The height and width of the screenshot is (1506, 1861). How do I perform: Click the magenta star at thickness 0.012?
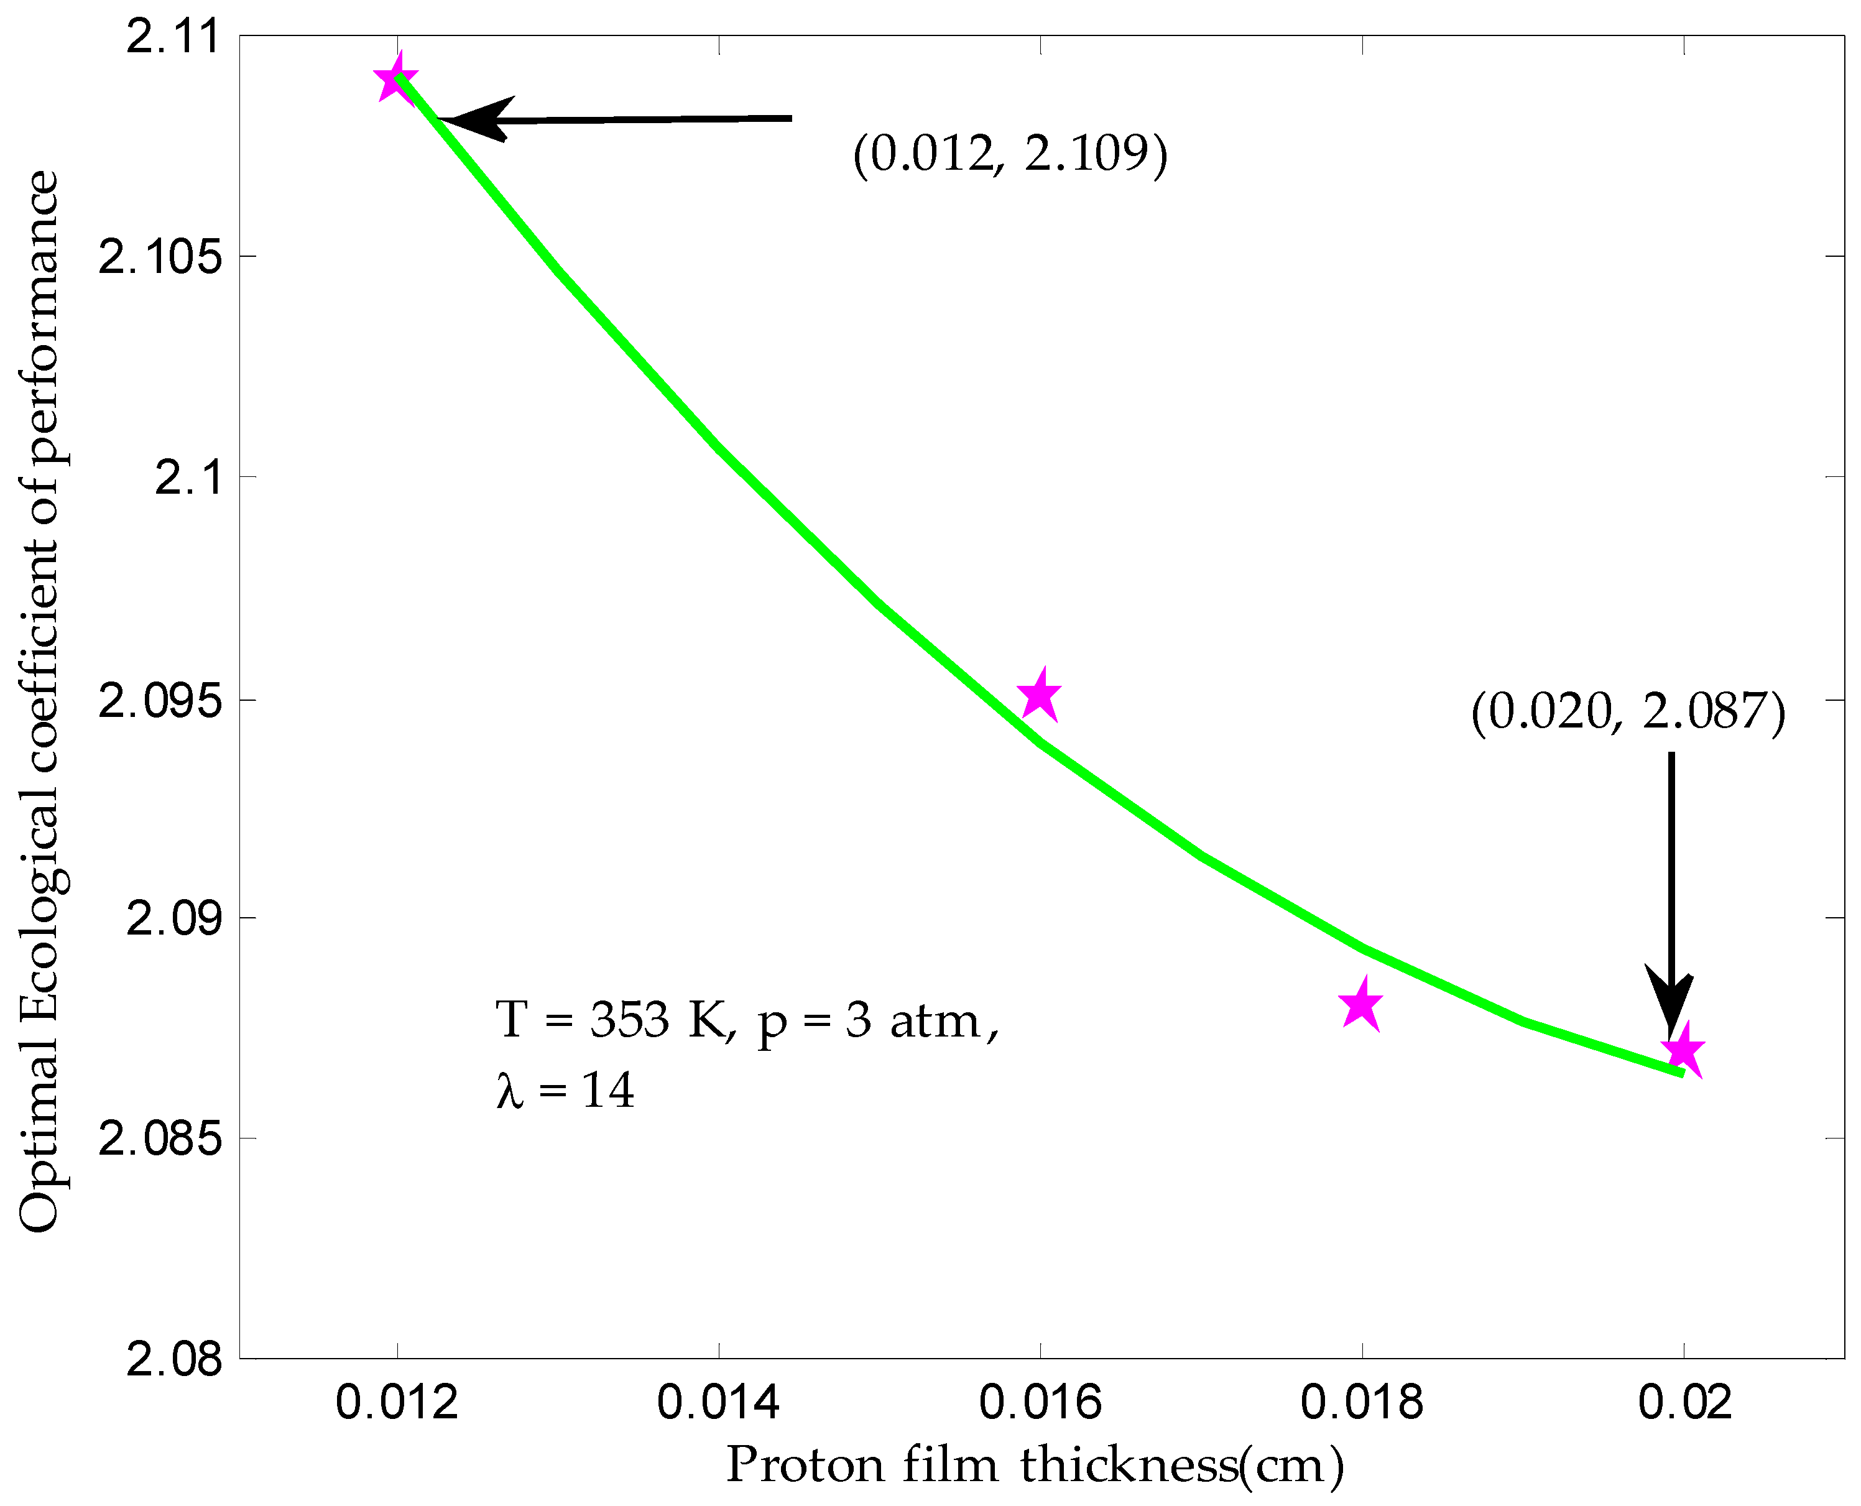click(x=397, y=79)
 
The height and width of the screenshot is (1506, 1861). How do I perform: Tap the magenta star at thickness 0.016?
click(x=1040, y=696)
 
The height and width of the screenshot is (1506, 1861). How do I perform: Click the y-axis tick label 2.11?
click(x=173, y=37)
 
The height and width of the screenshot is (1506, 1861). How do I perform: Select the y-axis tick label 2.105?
click(x=160, y=257)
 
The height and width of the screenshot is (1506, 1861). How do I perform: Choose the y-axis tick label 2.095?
click(x=160, y=700)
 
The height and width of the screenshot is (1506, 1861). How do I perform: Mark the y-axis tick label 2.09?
click(x=173, y=918)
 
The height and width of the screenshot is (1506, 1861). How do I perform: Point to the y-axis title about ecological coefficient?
click(x=40, y=701)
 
